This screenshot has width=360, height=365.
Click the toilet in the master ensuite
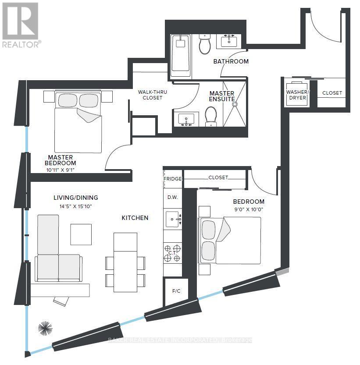(211, 117)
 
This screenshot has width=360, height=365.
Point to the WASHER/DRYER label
(298, 95)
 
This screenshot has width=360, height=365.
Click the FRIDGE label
(172, 179)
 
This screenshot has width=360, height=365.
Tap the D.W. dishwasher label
(172, 197)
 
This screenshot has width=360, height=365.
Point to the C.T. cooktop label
(172, 253)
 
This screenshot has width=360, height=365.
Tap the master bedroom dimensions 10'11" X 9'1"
(61, 170)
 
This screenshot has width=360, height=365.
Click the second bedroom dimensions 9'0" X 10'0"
(249, 209)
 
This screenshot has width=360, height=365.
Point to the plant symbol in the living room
(45, 328)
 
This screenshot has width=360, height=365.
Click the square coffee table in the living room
(81, 234)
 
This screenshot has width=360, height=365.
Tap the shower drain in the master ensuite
(235, 105)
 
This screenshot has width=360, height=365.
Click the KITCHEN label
(135, 218)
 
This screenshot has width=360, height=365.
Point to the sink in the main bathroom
(228, 42)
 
